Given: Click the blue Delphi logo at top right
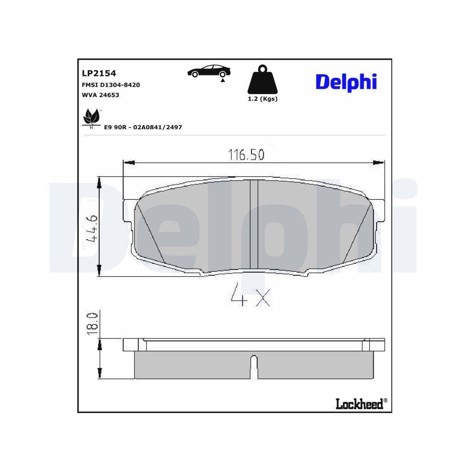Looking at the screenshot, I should coord(346,81).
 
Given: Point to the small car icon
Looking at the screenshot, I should coord(209,71).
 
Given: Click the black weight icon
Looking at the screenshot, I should coord(262,81).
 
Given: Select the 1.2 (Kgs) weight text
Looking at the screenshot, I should coord(262,99).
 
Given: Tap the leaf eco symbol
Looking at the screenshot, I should coord(91,117).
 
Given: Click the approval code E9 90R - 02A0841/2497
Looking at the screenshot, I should coord(143,127).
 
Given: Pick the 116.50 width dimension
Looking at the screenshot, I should coord(246,154).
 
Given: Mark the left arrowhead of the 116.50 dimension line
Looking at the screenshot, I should coord(128,163).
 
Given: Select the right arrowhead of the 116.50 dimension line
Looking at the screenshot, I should coord(379,163).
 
